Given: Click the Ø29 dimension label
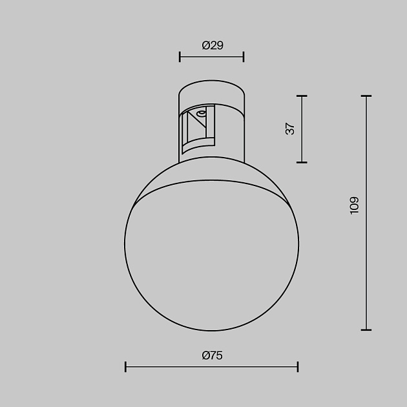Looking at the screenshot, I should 212,45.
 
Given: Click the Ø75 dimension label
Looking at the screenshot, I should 212,355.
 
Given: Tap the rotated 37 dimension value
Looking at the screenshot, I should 290,129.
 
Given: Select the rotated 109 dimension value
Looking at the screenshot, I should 354,205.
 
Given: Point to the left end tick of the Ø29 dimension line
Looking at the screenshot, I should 180,57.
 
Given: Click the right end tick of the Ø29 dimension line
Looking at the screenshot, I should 244,57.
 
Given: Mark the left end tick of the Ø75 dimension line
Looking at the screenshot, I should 125,367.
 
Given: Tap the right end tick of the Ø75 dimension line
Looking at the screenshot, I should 298,367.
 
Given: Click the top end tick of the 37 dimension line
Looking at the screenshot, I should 302,96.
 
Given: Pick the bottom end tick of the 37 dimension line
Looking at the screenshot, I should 302,162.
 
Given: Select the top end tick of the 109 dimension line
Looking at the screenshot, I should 367,96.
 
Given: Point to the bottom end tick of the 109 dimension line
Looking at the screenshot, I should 367,329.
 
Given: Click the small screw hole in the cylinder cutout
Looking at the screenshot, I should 201,114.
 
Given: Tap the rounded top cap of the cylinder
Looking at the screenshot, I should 212,90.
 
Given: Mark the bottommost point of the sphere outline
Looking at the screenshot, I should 212,329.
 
